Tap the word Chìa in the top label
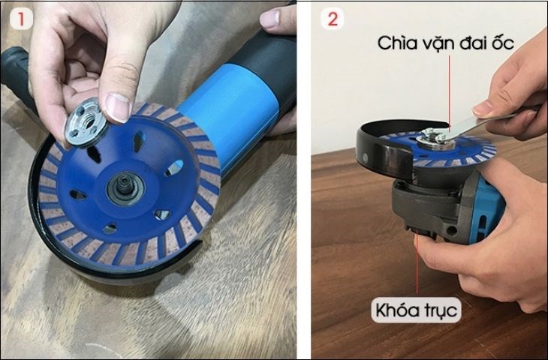click(x=393, y=43)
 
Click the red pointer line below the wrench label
click(x=449, y=90)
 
